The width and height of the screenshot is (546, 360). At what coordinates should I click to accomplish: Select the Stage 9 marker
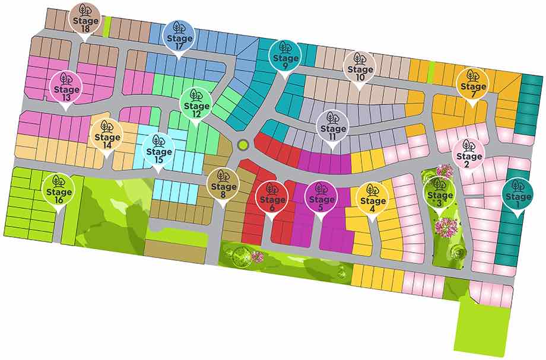286,57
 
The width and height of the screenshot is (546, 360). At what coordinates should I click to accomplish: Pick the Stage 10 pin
360,67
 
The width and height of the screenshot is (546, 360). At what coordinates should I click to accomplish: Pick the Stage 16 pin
58,189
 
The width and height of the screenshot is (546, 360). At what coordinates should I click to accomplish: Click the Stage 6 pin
272,197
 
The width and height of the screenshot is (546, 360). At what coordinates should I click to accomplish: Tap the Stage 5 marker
320,197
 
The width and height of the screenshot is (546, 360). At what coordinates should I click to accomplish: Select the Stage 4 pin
373,197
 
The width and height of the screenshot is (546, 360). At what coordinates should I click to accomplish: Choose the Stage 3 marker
440,193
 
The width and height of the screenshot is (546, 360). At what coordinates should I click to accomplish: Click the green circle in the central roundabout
242,145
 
